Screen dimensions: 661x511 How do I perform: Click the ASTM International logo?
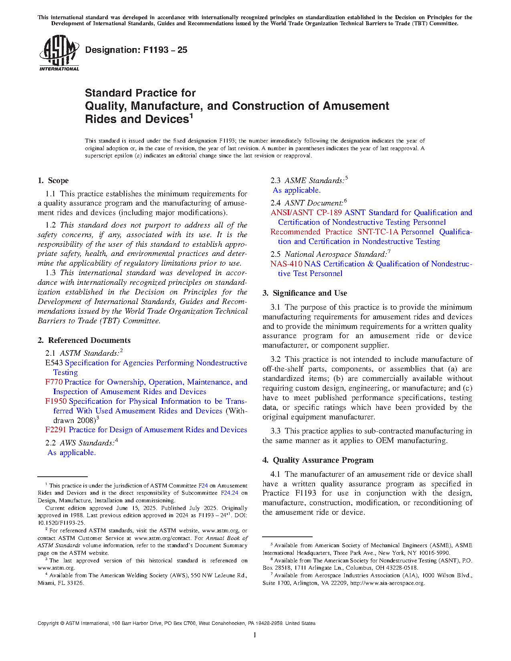tap(59, 53)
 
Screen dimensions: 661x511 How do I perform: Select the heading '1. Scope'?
tap(53, 181)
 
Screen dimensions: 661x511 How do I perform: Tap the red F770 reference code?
tap(54, 382)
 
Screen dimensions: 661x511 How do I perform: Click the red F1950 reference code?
tap(56, 401)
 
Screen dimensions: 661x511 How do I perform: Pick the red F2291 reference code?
tap(56, 430)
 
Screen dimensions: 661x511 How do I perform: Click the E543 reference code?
tap(55, 363)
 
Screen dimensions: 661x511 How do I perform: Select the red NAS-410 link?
tap(286, 264)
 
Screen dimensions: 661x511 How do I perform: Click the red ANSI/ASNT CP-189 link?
tap(306, 213)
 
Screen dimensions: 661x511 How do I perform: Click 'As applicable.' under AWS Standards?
tap(72, 453)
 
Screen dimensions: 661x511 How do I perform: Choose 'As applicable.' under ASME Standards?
tap(297, 190)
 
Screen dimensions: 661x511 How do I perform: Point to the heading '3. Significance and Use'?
tap(305, 293)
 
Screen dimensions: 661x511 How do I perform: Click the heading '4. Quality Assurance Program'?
tap(318, 460)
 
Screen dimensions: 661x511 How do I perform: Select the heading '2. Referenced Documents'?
tap(84, 341)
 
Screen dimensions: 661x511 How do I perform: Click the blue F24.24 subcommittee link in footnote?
tap(229, 493)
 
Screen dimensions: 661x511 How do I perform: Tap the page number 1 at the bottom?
tap(255, 635)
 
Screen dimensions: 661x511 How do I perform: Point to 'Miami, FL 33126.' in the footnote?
tap(61, 583)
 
